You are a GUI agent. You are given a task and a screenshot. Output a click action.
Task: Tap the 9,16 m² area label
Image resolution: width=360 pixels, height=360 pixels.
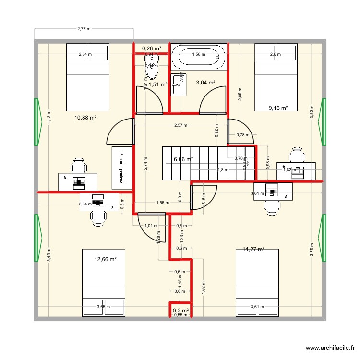(278, 108)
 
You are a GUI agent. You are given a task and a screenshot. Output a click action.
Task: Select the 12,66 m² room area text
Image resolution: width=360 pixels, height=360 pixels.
(106, 259)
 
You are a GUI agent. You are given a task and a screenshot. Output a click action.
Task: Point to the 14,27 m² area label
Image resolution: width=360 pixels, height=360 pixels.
(254, 249)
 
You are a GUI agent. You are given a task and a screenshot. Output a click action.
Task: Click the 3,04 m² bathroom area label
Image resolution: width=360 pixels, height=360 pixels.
(205, 83)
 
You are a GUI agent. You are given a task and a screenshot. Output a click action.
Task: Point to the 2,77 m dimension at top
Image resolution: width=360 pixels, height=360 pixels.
(84, 29)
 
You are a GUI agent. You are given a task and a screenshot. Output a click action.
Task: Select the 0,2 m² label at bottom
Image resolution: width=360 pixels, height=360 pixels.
(180, 311)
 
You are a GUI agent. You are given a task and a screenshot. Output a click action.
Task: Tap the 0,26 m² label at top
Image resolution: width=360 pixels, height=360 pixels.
(151, 48)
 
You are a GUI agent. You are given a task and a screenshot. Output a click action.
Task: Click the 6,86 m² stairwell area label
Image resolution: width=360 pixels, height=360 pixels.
(183, 159)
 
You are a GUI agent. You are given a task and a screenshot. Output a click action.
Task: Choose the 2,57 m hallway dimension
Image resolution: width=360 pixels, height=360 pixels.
(180, 125)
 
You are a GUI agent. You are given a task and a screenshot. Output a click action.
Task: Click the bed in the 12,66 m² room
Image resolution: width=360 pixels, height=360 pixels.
(104, 283)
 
